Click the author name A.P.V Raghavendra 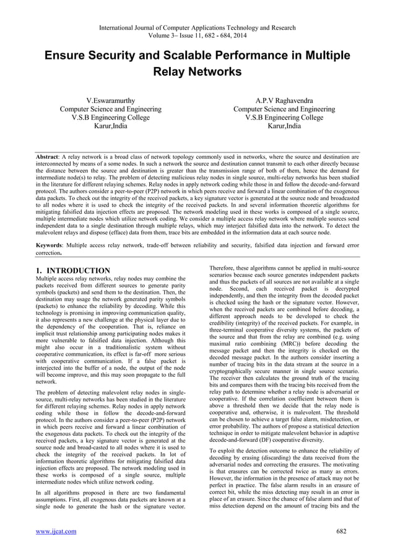(x=284, y=100)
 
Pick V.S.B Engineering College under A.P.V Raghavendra (x=284, y=117)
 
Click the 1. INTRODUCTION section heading (x=73, y=270)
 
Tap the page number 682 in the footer (x=352, y=530)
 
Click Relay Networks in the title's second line (x=197, y=73)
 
